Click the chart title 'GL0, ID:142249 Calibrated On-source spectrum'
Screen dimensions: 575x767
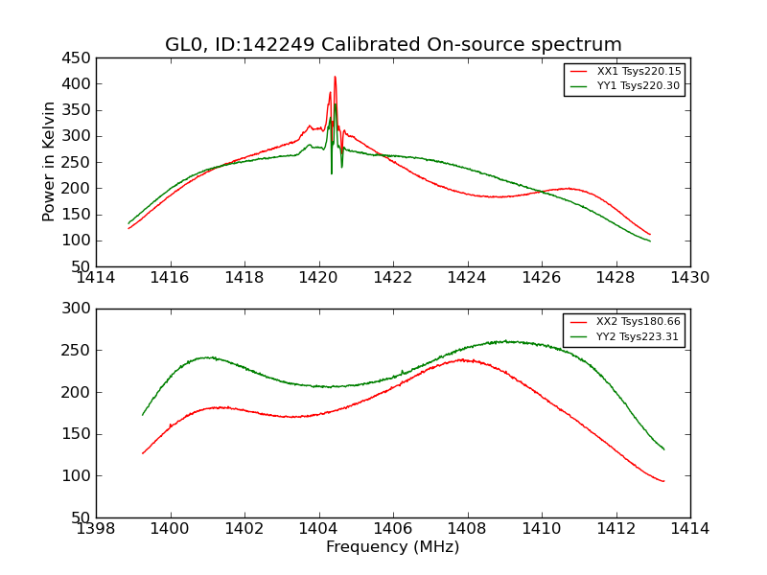[393, 45]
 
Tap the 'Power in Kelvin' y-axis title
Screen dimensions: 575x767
[50, 161]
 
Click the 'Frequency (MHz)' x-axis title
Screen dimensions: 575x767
[392, 547]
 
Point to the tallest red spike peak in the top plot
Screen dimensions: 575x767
[335, 77]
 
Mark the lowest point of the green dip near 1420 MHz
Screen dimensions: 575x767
[332, 173]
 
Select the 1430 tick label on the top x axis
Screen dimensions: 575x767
[689, 278]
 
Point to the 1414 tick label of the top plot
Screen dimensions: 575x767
[96, 278]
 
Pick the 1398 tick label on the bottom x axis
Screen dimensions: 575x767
[96, 529]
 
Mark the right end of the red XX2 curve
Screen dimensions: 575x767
[663, 481]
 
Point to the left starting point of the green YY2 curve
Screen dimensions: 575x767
[143, 415]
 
